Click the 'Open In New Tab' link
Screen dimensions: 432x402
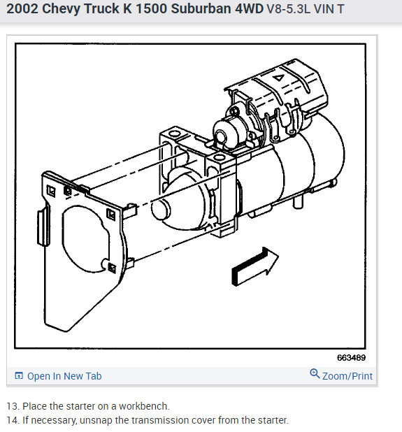[x=64, y=376]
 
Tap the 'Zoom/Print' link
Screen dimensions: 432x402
[x=347, y=376]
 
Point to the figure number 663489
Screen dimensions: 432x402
[x=351, y=357]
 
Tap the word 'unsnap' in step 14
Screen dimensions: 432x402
[x=97, y=420]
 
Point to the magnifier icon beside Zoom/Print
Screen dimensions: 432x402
[x=315, y=375]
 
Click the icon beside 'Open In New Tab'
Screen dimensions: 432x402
[x=19, y=376]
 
